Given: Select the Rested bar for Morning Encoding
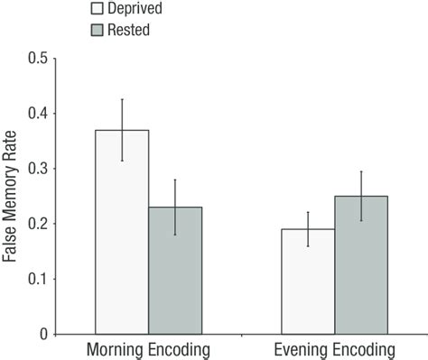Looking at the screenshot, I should (x=175, y=271).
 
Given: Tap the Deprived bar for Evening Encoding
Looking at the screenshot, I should (x=308, y=282).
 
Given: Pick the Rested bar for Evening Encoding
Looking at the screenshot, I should (x=361, y=265).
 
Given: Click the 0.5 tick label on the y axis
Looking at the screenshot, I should (x=36, y=59).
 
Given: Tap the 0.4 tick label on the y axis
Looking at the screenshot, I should (x=36, y=114).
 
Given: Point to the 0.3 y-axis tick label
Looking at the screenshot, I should (x=36, y=169).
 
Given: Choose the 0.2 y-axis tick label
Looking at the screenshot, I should (x=36, y=224).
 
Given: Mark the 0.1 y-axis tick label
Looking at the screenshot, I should (x=36, y=279).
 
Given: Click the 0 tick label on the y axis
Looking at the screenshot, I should (x=42, y=334).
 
